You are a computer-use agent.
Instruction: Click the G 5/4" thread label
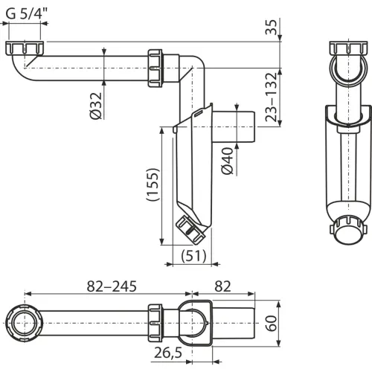27,14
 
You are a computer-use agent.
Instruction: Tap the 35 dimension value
271,27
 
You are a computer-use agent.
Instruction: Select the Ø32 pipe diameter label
96,106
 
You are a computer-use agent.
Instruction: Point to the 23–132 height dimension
271,97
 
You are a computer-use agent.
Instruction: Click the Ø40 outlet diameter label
228,161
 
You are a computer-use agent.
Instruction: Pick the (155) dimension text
152,185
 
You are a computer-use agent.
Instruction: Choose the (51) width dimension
193,256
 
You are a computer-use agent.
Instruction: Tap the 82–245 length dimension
112,286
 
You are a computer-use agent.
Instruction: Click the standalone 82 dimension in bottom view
222,286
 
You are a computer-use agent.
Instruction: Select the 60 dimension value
272,323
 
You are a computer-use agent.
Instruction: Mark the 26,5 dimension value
168,353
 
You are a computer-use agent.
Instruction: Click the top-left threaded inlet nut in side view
25,48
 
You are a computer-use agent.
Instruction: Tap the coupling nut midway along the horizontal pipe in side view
155,68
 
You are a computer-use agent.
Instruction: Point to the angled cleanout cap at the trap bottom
190,229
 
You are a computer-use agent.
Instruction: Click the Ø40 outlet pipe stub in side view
234,126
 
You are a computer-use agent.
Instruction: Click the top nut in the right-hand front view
348,48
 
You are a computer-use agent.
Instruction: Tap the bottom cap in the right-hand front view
348,231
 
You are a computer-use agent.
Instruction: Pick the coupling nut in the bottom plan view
155,323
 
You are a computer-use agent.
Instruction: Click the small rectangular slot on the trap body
199,114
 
